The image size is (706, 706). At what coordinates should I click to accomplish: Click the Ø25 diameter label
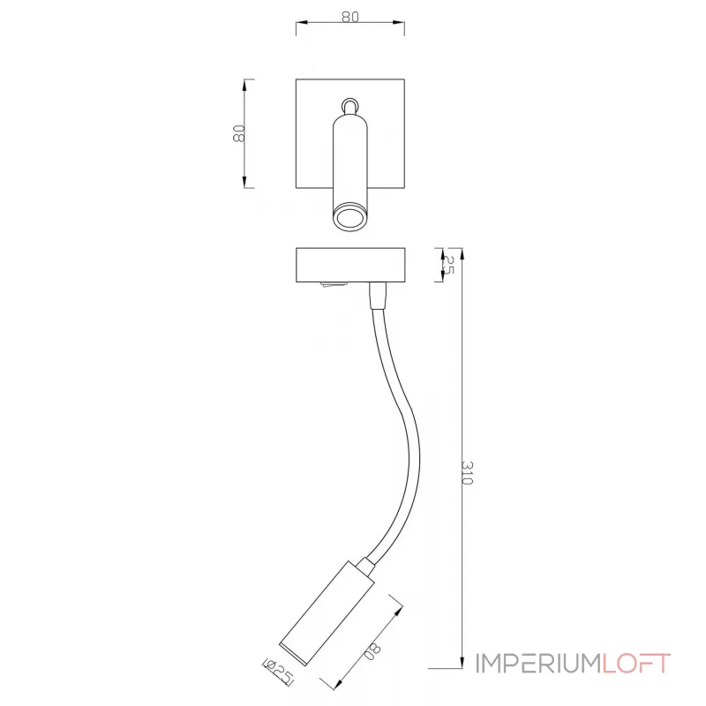click(277, 673)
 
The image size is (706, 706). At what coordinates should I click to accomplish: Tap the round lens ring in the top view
click(349, 217)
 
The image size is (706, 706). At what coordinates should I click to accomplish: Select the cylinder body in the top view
click(349, 159)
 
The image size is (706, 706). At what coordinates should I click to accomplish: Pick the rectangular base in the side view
click(349, 266)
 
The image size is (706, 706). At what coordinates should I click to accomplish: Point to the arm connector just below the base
click(378, 297)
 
